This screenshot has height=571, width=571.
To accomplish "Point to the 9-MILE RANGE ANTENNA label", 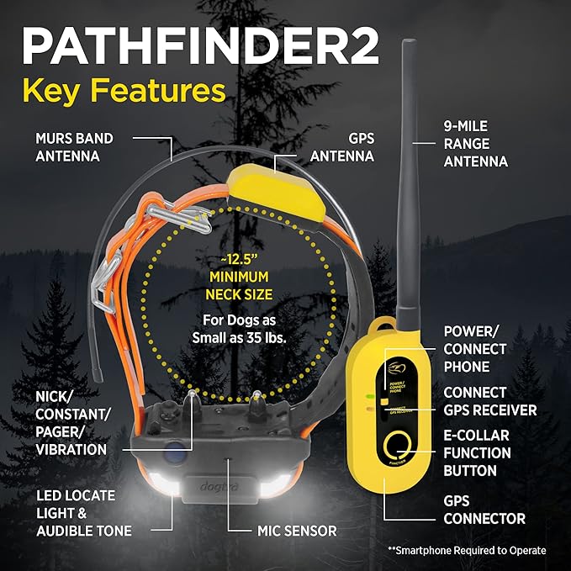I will point(476,144).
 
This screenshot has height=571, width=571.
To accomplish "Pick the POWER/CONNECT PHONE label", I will point(475,349).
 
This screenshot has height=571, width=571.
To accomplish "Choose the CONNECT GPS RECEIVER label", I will point(490,401).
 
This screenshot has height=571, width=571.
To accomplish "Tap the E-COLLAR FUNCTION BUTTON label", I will point(477,452).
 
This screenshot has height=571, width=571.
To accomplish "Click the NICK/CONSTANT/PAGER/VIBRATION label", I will point(71,422).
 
